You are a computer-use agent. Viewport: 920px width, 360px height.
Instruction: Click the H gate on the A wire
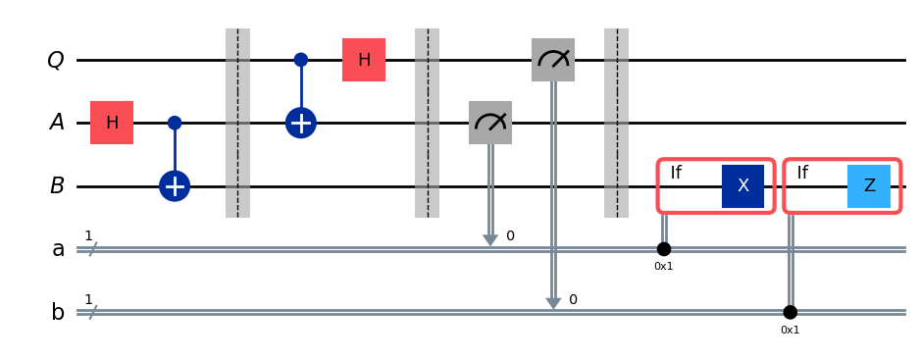click(x=112, y=123)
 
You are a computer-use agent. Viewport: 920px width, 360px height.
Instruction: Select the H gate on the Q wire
click(x=364, y=60)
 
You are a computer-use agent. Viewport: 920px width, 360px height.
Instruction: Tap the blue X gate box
click(x=742, y=186)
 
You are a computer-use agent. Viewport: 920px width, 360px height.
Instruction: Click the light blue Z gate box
click(x=869, y=186)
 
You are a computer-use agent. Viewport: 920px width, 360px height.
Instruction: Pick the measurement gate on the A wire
click(x=490, y=123)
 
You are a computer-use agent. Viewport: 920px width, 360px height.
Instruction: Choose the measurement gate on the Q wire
click(x=553, y=60)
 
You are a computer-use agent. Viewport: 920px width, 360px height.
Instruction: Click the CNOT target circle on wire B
click(x=175, y=186)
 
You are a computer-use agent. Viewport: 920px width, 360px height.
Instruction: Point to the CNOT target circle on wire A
click(x=301, y=123)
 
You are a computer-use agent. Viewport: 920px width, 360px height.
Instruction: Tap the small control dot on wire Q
click(x=301, y=60)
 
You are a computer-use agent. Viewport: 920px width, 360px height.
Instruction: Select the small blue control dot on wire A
click(x=175, y=123)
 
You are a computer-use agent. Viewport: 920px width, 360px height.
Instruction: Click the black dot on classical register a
click(x=664, y=249)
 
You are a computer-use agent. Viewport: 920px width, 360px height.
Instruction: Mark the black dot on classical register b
click(x=791, y=312)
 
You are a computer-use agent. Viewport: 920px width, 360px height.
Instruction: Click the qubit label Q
click(x=56, y=61)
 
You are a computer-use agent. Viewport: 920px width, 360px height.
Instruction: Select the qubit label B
click(x=57, y=186)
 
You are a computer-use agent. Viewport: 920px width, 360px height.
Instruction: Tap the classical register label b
click(x=58, y=312)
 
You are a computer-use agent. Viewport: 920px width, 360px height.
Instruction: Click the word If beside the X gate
click(x=676, y=174)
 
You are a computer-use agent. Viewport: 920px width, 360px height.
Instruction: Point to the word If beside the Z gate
click(x=802, y=174)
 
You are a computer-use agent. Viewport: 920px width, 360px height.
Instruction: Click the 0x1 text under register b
click(x=791, y=330)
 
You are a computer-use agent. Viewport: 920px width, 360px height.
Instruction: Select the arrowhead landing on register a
click(x=490, y=240)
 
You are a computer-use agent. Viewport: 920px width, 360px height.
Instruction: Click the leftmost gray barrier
click(x=237, y=123)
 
